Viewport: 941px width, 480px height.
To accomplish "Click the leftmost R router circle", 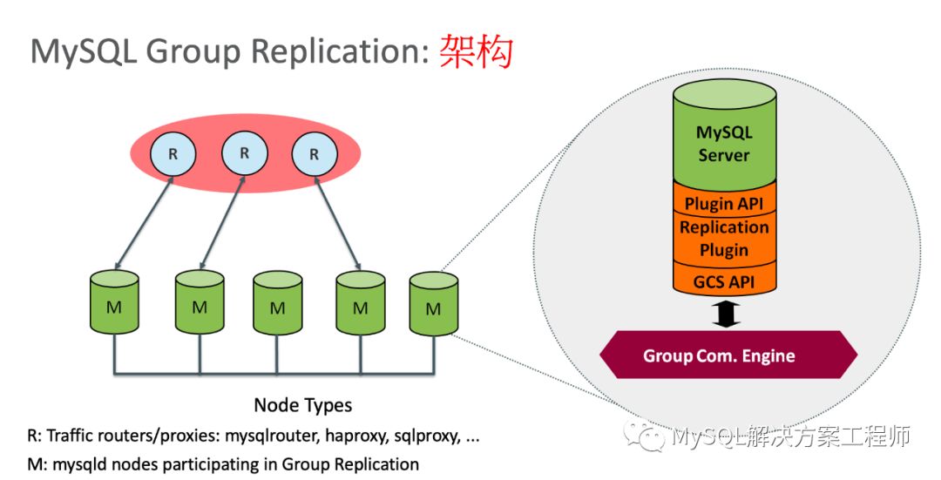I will (x=173, y=154).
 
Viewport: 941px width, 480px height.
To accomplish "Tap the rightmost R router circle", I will (x=315, y=154).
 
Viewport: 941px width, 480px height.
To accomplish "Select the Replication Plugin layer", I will (x=723, y=239).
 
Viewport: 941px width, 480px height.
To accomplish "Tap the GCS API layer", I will (x=723, y=281).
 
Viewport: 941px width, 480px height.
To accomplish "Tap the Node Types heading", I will (x=302, y=405).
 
